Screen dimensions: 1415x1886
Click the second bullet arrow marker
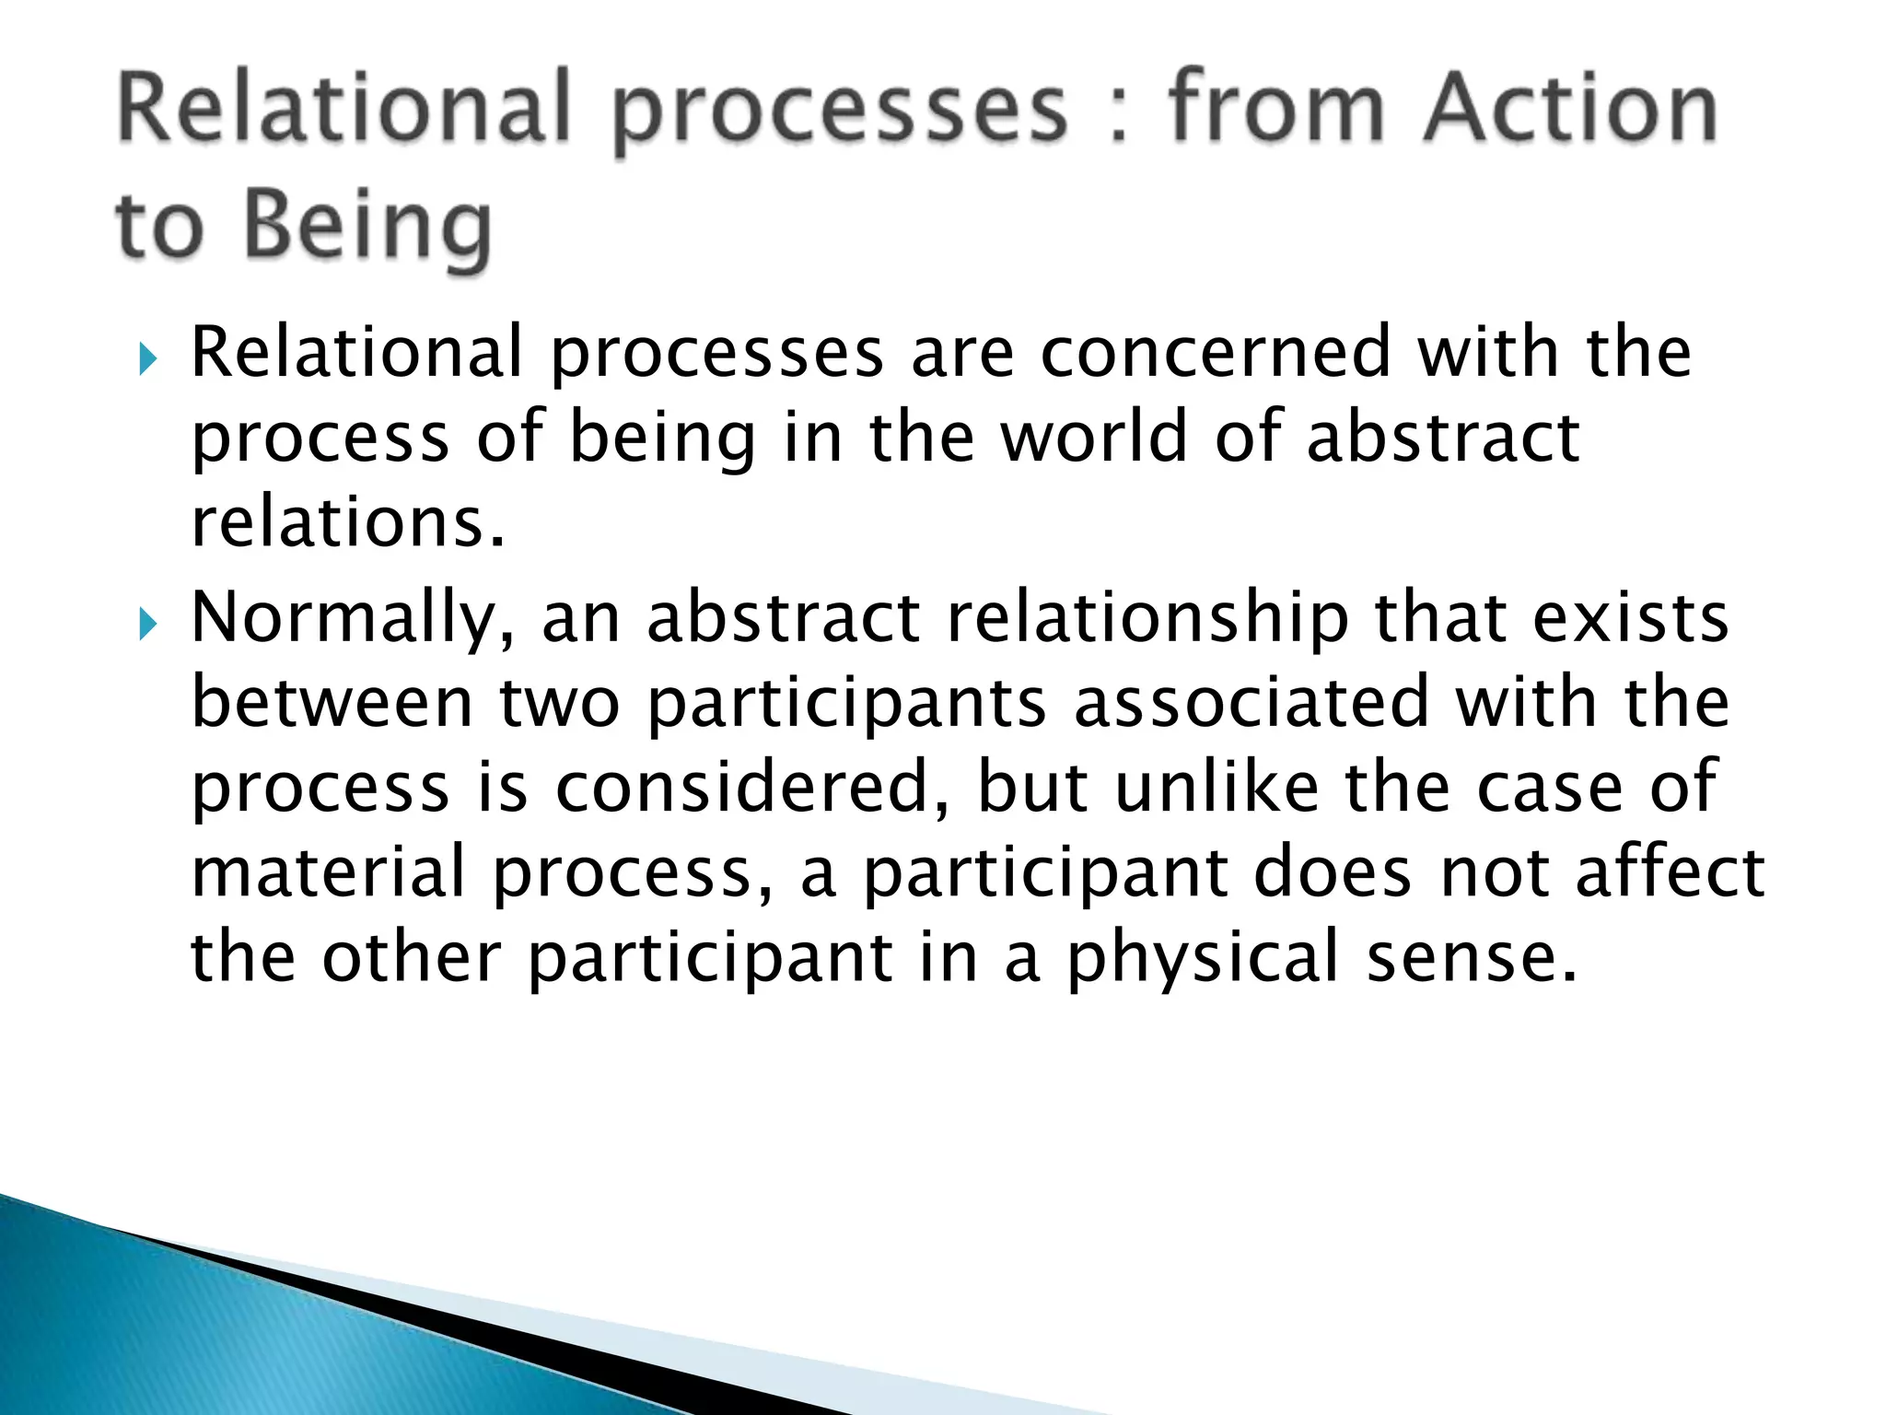(147, 626)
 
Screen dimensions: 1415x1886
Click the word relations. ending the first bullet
(348, 522)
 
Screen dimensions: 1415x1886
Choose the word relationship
(1147, 619)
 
